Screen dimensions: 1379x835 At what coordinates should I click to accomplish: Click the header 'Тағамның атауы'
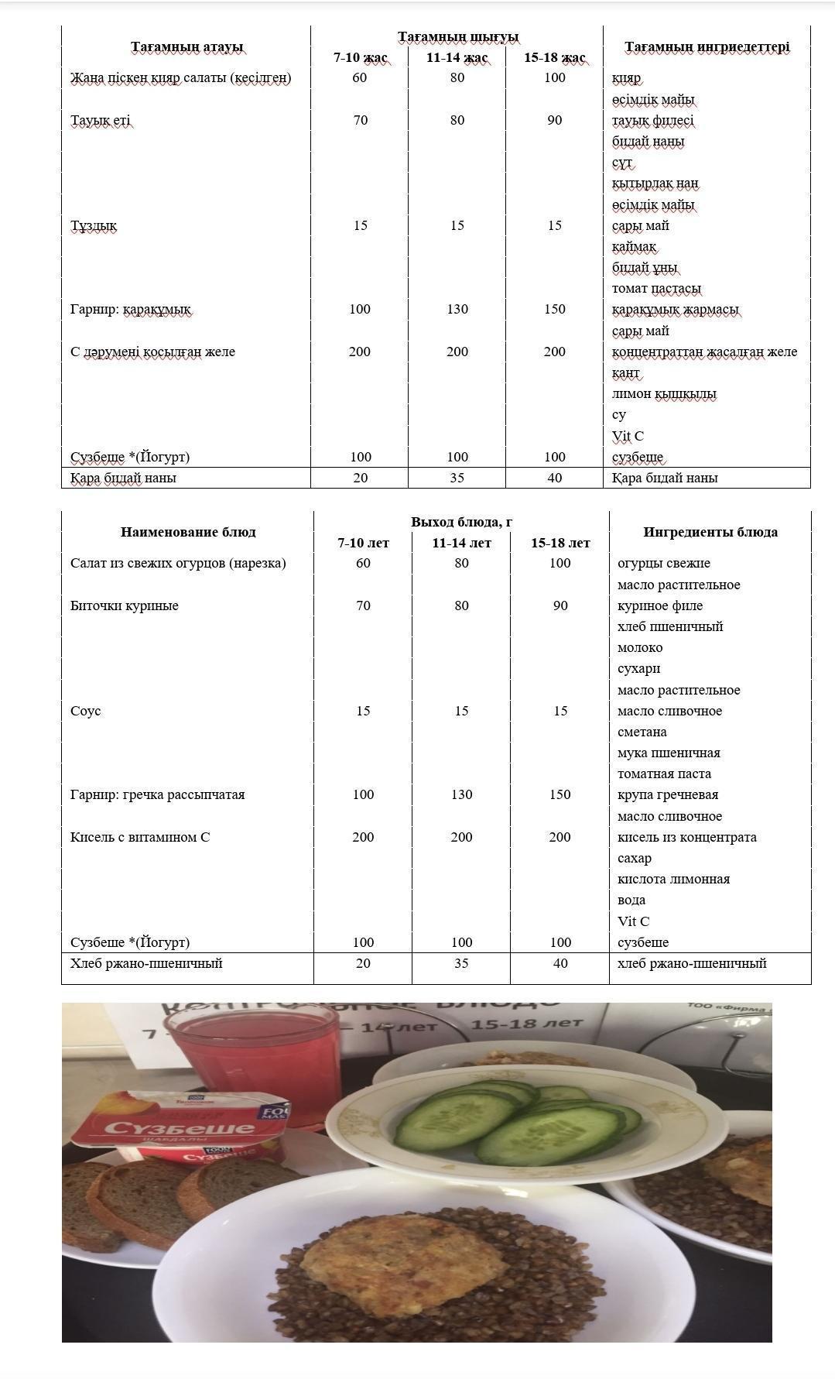click(187, 47)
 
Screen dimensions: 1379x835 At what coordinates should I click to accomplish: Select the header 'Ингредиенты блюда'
click(710, 532)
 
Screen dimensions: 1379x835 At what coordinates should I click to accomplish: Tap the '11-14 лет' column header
click(461, 543)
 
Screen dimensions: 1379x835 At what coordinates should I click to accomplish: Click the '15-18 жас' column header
click(554, 58)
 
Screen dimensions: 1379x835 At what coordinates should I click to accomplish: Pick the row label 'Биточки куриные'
click(125, 605)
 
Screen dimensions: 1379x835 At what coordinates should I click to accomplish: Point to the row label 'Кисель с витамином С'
click(140, 837)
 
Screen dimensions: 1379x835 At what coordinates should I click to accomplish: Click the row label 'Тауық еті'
click(101, 120)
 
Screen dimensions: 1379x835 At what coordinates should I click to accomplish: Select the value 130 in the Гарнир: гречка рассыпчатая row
click(461, 794)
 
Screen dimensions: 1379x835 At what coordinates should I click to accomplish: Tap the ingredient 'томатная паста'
click(664, 774)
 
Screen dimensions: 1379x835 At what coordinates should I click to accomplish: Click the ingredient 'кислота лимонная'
click(673, 879)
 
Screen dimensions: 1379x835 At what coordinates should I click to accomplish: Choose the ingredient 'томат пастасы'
click(656, 289)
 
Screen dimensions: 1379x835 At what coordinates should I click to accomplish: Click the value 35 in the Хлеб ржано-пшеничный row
click(461, 963)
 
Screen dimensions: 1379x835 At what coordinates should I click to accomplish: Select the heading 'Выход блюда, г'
click(461, 522)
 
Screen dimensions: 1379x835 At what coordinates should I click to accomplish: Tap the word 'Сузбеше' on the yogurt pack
click(180, 1127)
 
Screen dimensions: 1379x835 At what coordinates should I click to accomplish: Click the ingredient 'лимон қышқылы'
click(664, 394)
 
